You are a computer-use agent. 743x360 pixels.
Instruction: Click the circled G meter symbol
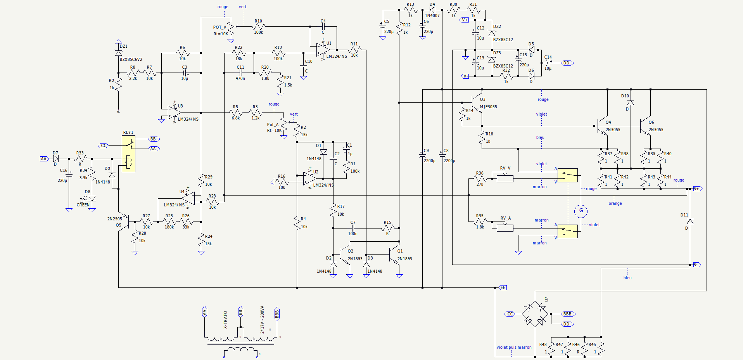[581, 211]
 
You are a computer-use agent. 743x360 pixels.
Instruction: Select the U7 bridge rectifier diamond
[535, 314]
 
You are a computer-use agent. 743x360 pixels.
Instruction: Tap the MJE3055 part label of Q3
[488, 107]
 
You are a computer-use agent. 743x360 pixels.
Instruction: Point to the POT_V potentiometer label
[219, 27]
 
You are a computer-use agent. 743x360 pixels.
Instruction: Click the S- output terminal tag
[697, 265]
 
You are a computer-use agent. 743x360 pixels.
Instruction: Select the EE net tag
[503, 287]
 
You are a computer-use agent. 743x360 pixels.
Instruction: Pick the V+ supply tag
[465, 20]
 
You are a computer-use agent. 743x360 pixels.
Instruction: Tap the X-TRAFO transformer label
[225, 320]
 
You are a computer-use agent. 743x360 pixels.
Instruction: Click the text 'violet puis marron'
[514, 347]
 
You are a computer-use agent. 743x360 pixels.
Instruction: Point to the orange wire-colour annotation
[615, 203]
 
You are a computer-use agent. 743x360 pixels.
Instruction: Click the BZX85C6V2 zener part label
[131, 59]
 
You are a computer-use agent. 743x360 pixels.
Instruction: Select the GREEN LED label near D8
[83, 205]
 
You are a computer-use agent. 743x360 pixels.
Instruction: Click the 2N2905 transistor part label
[114, 219]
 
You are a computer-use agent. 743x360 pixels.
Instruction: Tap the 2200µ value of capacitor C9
[429, 161]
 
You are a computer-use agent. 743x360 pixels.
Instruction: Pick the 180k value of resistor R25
[169, 227]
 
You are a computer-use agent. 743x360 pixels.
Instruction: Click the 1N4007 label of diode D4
[432, 16]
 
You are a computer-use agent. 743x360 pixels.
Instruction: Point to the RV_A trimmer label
[505, 218]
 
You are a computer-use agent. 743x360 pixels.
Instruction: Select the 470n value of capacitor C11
[240, 78]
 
